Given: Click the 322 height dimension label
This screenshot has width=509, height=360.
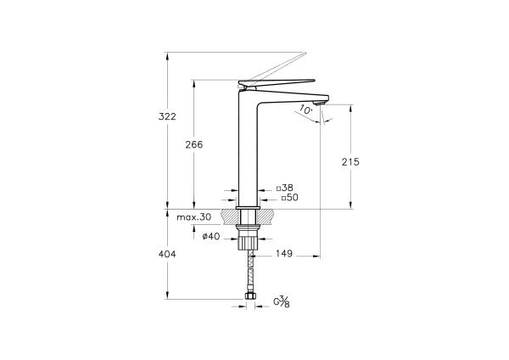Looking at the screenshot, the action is [167, 116].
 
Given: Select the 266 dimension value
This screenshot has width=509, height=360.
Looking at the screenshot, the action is [193, 144].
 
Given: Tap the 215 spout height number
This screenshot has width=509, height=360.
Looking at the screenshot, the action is [350, 162].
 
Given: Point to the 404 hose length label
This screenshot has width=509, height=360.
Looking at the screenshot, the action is [167, 254].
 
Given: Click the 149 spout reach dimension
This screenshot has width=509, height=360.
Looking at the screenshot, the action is [284, 253].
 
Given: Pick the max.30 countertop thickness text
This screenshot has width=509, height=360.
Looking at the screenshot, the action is [193, 217].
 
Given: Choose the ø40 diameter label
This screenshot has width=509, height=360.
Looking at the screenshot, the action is [211, 237].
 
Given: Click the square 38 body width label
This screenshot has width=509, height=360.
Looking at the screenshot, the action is [285, 188].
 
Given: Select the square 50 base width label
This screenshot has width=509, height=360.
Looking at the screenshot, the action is [289, 198].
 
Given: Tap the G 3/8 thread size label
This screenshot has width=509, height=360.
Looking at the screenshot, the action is [282, 302].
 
